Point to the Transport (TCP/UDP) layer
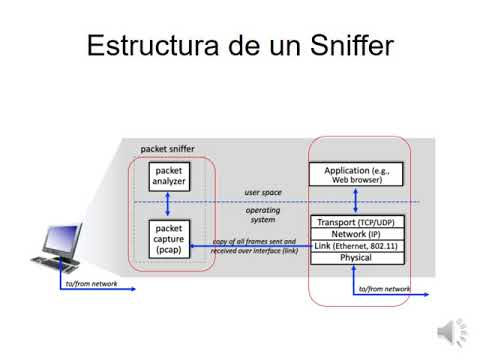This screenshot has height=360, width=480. click(356, 222)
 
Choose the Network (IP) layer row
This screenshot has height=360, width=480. click(356, 234)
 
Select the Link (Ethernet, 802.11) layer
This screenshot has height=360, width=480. click(356, 246)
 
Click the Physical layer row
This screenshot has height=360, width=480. click(356, 258)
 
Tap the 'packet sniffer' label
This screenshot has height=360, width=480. click(167, 148)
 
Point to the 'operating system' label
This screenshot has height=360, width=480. click(263, 216)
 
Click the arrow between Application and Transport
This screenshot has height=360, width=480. click(355, 201)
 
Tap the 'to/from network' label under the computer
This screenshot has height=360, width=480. click(91, 285)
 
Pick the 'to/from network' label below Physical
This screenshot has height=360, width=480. click(384, 289)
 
